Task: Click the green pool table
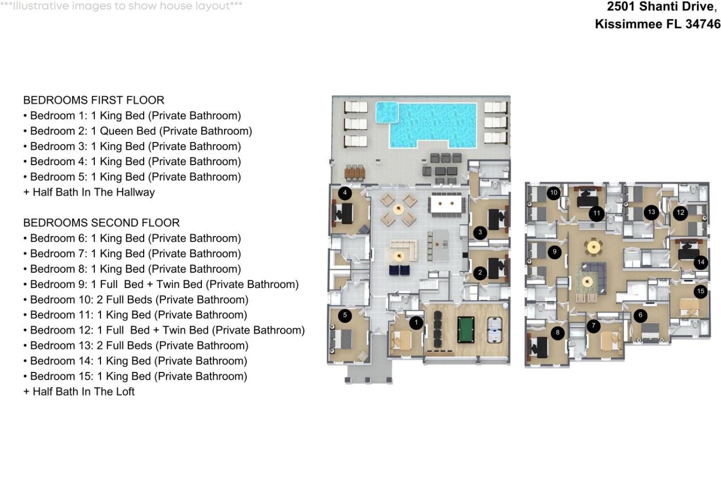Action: [466, 330]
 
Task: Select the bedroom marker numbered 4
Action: [345, 193]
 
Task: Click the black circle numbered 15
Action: [700, 292]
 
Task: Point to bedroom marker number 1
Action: [416, 323]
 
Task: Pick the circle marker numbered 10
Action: [554, 193]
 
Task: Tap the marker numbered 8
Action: [557, 333]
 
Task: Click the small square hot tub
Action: [387, 112]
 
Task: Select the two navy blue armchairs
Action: [399, 270]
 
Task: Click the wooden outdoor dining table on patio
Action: [354, 172]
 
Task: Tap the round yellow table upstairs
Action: [593, 247]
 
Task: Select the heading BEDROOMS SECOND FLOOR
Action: [101, 223]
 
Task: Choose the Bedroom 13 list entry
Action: [136, 346]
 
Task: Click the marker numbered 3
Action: [480, 232]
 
